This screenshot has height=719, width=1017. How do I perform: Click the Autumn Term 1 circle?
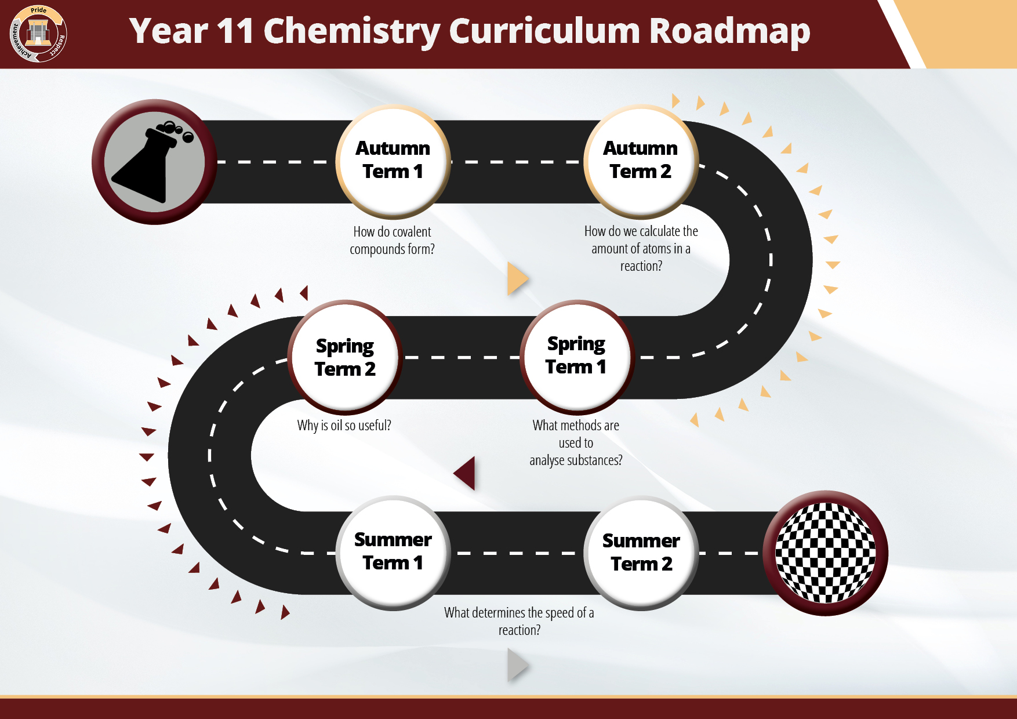click(x=393, y=161)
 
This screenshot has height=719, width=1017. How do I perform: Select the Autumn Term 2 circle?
click(x=641, y=161)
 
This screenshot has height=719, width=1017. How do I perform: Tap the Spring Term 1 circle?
click(x=576, y=356)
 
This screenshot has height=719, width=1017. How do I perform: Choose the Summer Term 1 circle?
click(x=393, y=552)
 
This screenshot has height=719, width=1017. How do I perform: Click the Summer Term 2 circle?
click(x=641, y=552)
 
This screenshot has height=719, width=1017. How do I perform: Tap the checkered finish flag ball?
click(x=825, y=553)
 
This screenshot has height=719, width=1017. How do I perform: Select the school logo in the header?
click(x=38, y=34)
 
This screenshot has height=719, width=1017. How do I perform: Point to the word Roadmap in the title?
click(x=729, y=31)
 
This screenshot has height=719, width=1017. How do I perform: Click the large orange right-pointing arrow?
click(x=517, y=279)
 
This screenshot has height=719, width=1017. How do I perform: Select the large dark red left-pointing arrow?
click(x=466, y=473)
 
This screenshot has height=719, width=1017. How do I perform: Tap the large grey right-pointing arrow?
click(x=517, y=664)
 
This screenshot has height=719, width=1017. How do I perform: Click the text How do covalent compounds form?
click(x=392, y=240)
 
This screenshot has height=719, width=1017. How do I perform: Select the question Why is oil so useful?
click(x=344, y=425)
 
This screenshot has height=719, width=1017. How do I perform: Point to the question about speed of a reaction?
click(x=519, y=621)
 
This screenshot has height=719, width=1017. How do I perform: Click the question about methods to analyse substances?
click(x=576, y=442)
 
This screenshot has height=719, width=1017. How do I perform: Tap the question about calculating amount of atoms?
click(x=641, y=248)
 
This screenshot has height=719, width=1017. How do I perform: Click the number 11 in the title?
click(x=235, y=31)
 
